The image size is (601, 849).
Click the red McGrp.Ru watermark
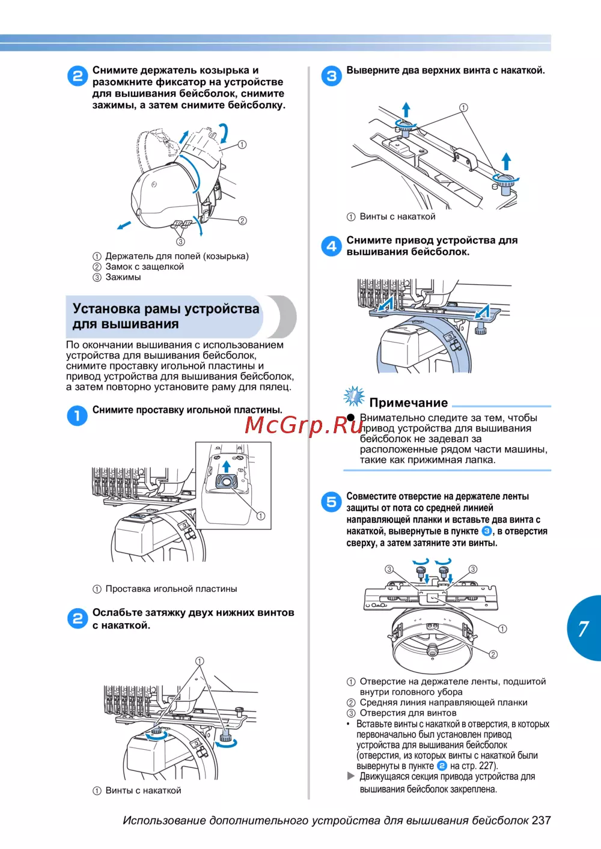coord(304,425)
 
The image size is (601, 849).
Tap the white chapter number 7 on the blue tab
coord(583,628)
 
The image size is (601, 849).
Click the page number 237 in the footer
coord(541,820)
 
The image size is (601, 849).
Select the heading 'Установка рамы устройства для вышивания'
coord(166,316)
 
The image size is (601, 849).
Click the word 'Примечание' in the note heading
coord(408,403)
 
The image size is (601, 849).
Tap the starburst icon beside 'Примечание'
coord(353,397)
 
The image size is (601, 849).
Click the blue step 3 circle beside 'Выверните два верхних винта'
coord(331,76)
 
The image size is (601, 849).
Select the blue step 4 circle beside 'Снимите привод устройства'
coord(331,246)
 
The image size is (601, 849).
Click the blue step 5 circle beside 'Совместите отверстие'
coord(331,502)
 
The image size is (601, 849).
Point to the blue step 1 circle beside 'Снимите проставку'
coord(77,415)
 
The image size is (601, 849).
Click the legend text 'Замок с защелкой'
coord(144,267)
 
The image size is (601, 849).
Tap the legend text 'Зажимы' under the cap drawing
coord(123,277)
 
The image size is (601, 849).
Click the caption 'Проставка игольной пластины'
coord(171,589)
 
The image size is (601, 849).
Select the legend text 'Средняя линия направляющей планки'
coord(443,702)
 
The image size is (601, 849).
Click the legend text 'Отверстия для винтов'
coord(407,713)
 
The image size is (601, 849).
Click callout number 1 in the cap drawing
coord(242,144)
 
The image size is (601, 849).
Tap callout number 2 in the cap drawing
coord(242,221)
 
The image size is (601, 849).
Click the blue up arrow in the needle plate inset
coord(226,466)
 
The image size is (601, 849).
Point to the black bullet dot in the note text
coord(351,418)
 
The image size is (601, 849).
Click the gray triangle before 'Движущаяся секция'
coord(351,776)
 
